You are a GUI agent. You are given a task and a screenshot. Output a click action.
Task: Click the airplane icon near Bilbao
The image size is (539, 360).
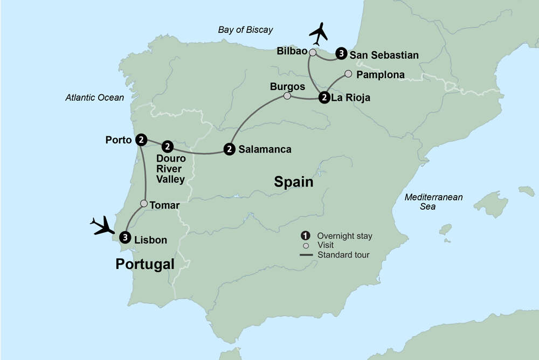point(319,34)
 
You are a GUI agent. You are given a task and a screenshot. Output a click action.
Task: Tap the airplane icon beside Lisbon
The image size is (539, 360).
point(103,225)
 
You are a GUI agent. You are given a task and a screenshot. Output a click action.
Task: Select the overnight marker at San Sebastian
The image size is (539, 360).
point(341,53)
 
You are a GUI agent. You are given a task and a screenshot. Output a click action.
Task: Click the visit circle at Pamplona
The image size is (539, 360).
point(348,74)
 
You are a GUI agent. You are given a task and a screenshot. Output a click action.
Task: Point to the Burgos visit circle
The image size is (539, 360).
point(287,96)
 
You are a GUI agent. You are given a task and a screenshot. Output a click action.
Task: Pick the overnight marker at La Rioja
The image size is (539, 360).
point(324,98)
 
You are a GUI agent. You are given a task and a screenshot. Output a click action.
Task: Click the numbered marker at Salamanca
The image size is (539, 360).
point(230,149)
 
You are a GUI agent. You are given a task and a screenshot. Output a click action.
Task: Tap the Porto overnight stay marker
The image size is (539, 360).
point(141,140)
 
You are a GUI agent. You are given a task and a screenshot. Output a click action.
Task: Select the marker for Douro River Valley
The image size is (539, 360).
point(168,146)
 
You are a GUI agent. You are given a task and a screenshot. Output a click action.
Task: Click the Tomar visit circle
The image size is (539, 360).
point(144,203)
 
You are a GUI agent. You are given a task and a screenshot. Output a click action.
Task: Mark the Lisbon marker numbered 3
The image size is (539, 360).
point(125,237)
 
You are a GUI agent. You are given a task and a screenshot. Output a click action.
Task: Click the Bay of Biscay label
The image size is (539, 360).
point(245,30)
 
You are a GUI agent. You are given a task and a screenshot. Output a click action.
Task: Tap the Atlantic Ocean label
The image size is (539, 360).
point(94,98)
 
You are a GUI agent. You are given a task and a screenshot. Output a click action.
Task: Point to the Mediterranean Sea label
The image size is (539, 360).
point(434,202)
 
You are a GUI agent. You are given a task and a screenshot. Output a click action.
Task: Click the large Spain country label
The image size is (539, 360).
point(294,182)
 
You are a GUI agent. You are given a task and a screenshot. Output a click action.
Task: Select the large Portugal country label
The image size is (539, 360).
point(145,264)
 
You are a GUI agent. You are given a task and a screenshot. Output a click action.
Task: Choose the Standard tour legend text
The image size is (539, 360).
point(343,255)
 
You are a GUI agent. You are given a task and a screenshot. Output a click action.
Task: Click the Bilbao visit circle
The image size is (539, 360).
point(312,52)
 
